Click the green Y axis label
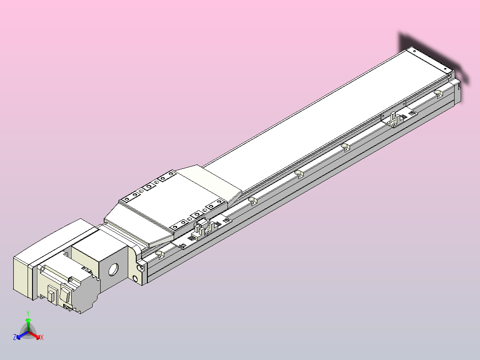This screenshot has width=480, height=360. tap(28, 313)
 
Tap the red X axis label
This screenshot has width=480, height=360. tap(42, 338)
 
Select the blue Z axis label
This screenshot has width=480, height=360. tap(15, 338)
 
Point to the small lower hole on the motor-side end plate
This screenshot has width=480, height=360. tap(135, 279)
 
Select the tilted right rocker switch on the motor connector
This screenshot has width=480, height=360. tap(66, 295)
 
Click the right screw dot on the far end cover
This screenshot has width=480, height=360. tap(447, 69)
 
